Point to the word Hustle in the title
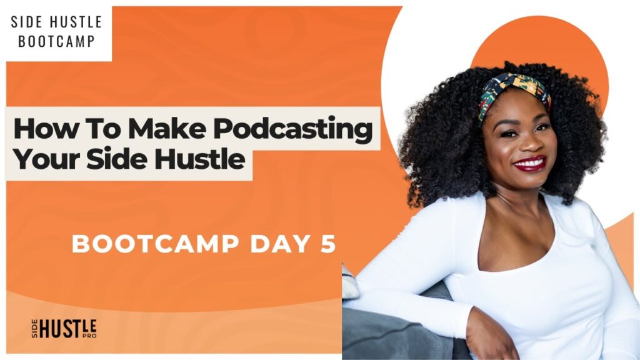point(199,159)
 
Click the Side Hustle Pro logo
point(64,329)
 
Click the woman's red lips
point(530,164)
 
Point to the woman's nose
point(525,143)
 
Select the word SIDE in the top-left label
point(26,22)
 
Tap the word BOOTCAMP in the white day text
point(156,244)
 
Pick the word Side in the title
point(117,159)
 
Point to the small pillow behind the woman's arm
point(349,282)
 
